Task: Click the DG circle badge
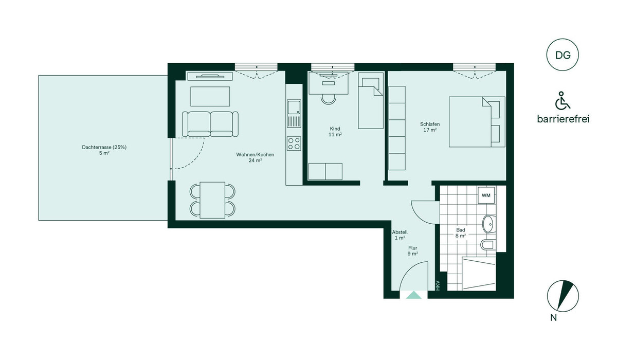pyautogui.click(x=562, y=55)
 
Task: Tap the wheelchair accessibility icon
pyautogui.click(x=562, y=100)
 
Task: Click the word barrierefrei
pyautogui.click(x=564, y=119)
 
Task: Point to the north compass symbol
pyautogui.click(x=562, y=296)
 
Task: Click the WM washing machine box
pyautogui.click(x=486, y=195)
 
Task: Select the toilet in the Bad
pyautogui.click(x=488, y=244)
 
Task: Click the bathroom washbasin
pyautogui.click(x=489, y=224)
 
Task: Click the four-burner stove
pyautogui.click(x=294, y=143)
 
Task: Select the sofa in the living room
pyautogui.click(x=210, y=124)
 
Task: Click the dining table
pyautogui.click(x=212, y=200)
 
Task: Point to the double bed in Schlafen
pyautogui.click(x=477, y=122)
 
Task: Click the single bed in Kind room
pyautogui.click(x=371, y=100)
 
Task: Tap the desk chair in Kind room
pyautogui.click(x=329, y=99)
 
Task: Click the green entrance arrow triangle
pyautogui.click(x=414, y=295)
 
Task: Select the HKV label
pyautogui.click(x=438, y=285)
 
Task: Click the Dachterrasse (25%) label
pyautogui.click(x=104, y=147)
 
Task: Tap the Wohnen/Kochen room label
pyautogui.click(x=255, y=154)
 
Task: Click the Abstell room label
pyautogui.click(x=400, y=232)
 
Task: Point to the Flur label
pyautogui.click(x=412, y=248)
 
